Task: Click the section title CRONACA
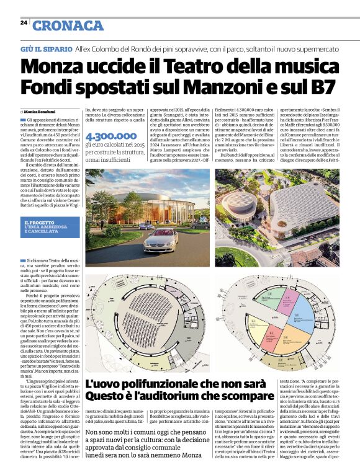[68, 25]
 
